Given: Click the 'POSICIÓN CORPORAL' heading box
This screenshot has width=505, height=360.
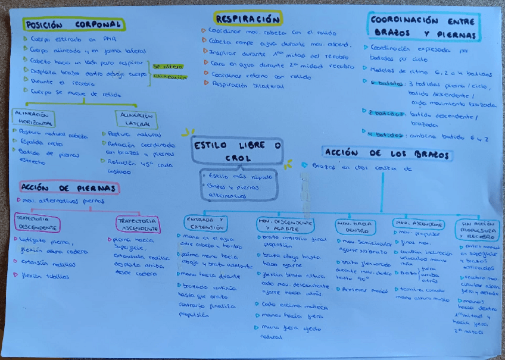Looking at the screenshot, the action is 74,24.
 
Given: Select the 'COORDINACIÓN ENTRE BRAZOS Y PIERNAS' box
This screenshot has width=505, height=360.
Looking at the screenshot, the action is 423,27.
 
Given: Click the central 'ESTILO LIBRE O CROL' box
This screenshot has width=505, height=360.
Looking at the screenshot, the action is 238,152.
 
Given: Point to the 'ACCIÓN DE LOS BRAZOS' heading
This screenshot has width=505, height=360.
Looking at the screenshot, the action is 387,154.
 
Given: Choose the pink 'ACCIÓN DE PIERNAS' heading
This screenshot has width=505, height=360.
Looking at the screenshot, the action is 70,188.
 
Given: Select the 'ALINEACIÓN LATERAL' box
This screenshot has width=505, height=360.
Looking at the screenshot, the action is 136,118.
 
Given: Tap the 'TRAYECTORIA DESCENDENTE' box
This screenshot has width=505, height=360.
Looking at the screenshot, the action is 37,223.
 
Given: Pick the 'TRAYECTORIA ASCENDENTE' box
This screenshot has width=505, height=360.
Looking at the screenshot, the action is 138,224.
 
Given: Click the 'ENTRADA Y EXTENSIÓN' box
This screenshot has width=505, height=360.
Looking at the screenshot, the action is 205,223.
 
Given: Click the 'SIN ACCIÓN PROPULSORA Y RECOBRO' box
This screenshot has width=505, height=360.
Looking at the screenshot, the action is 478,229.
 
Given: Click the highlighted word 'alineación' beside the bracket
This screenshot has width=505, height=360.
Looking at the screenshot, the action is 170,77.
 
